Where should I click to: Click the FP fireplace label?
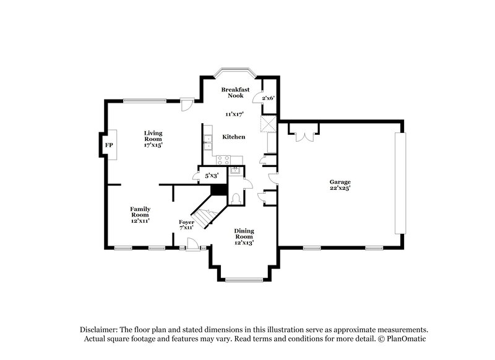coord(109,145)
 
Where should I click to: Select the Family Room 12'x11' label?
coord(140,214)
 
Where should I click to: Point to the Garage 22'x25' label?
coord(340,185)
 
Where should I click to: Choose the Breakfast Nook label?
coord(236,93)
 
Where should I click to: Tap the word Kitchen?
coord(234,137)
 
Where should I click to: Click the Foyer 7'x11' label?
coord(186,224)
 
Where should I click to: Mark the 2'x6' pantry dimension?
coord(269,98)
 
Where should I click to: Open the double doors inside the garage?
coord(304,135)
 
